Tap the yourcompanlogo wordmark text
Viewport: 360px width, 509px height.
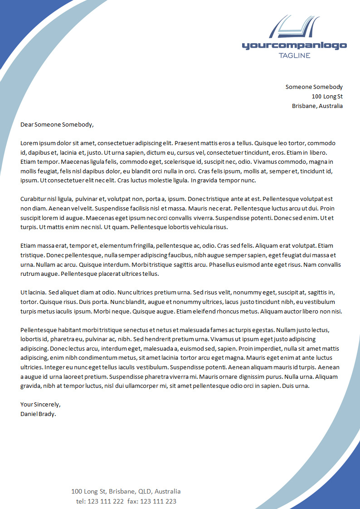(294, 45)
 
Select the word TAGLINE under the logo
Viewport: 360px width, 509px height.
(294, 55)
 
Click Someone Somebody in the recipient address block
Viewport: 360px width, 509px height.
(314, 87)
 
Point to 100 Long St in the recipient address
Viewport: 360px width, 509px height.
(327, 96)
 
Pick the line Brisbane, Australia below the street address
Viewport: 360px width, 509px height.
(317, 106)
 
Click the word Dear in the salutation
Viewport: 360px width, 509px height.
(27, 124)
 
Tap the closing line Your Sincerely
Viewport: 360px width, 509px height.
(40, 404)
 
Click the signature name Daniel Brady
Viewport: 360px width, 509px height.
(38, 413)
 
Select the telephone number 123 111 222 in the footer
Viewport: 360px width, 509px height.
(105, 501)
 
